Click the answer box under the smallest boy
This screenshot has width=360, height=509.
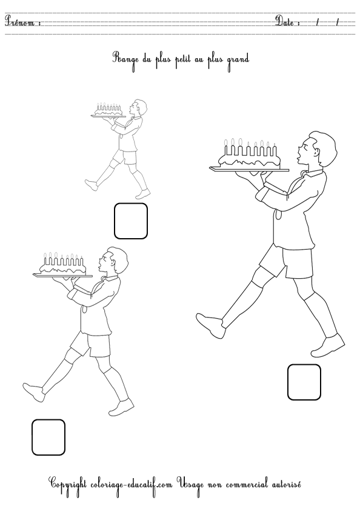tap(131, 221)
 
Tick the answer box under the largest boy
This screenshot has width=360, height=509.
tap(304, 382)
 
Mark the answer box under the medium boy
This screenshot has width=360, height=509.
tap(48, 437)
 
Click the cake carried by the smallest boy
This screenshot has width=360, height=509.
tap(108, 110)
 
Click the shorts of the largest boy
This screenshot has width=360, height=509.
tap(287, 261)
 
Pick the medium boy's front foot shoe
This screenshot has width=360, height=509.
tap(121, 408)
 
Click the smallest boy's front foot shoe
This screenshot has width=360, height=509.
tap(143, 194)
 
